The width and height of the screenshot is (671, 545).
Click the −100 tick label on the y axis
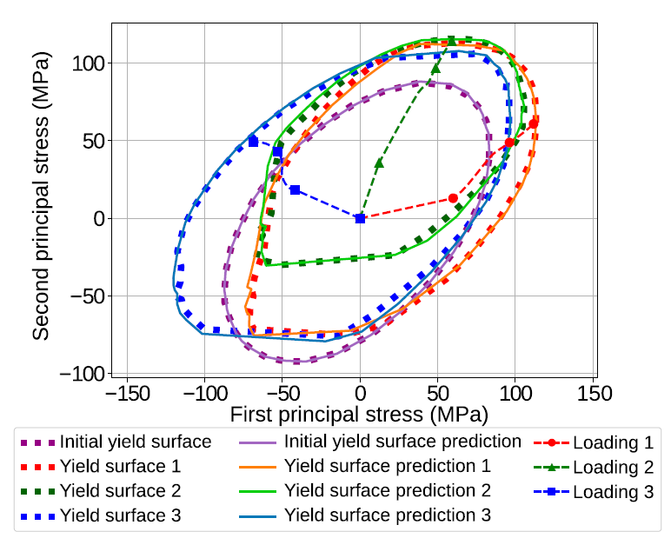pos(81,373)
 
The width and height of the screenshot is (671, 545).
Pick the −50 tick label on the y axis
pos(86,296)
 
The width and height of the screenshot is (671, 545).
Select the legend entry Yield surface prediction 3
pos(388,515)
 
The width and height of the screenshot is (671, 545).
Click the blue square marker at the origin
pos(360,218)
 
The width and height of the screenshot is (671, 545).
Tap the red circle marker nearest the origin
pos(453,198)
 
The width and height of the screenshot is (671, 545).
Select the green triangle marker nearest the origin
pos(379,163)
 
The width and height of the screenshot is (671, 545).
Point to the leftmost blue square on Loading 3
pos(253,142)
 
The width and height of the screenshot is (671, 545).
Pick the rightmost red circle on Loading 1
pos(533,123)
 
